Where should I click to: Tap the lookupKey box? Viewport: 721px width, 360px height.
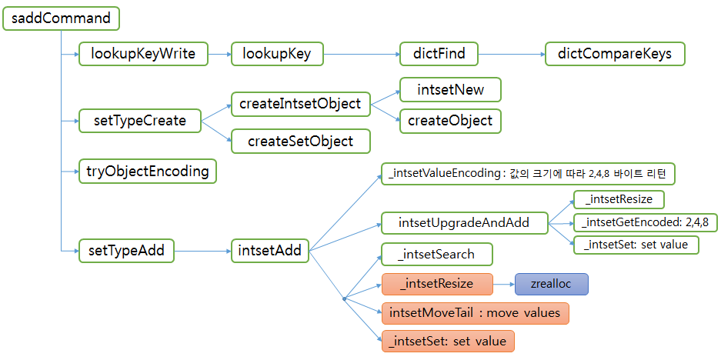click(277, 54)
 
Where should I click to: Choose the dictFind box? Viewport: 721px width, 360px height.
click(439, 54)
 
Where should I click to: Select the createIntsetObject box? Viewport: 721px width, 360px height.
click(300, 103)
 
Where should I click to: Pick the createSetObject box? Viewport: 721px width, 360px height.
click(300, 141)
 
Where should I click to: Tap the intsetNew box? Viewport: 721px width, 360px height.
click(450, 90)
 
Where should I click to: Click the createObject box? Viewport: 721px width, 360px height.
click(450, 121)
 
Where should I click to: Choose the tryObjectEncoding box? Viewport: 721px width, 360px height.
click(148, 172)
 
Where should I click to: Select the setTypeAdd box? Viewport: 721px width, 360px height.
click(126, 250)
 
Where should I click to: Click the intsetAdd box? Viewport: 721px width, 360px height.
click(269, 250)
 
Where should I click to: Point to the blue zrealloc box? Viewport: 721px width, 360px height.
click(551, 284)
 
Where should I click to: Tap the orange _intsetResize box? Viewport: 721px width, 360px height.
click(436, 284)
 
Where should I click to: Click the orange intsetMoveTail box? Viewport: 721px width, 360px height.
click(475, 313)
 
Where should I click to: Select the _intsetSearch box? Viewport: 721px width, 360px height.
click(436, 255)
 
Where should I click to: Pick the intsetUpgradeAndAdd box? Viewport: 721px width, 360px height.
click(464, 223)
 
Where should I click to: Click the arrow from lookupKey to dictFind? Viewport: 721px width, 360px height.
click(362, 54)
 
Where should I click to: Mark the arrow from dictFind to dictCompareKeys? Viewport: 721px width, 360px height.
click(511, 54)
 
